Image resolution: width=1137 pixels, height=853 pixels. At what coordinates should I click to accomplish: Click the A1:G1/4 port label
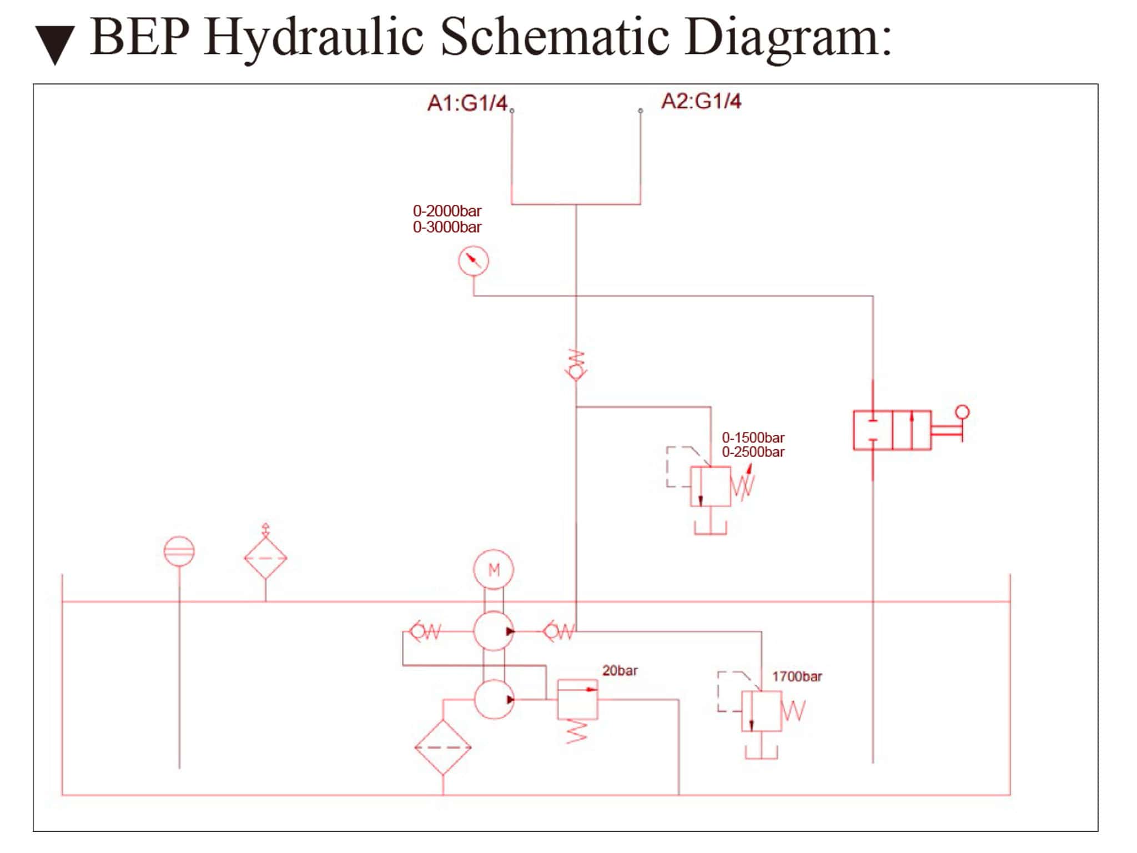point(467,103)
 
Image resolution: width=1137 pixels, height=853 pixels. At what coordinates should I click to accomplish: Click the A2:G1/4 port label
point(701,101)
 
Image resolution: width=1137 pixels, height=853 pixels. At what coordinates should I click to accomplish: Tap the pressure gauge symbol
point(473,260)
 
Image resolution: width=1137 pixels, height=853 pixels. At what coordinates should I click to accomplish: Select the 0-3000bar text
point(447,227)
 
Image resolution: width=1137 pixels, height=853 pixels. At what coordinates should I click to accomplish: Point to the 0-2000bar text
point(447,211)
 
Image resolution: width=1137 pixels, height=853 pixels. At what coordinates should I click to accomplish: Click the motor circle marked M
point(494,570)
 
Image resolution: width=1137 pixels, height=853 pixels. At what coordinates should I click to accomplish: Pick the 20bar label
point(620,671)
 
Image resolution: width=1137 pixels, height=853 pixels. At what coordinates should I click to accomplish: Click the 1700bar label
point(797,676)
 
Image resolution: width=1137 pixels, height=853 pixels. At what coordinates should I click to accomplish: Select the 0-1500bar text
point(753,438)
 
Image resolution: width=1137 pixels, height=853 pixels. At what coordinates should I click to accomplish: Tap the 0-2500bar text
point(753,452)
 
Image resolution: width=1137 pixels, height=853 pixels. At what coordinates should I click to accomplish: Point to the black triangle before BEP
point(55,44)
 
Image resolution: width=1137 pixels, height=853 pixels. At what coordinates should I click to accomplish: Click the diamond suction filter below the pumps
point(442,747)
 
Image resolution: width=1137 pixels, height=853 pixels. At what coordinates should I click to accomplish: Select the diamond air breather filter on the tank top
point(265,558)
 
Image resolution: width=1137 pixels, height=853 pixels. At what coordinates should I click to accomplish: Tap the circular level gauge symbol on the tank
point(179,551)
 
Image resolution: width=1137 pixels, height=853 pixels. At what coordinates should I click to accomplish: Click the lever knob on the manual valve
point(963,412)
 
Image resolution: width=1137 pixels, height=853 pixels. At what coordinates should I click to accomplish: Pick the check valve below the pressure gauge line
point(576,365)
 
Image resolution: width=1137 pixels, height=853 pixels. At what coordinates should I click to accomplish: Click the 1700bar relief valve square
point(761,711)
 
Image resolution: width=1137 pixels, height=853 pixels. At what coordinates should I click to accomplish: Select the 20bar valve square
point(577,699)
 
